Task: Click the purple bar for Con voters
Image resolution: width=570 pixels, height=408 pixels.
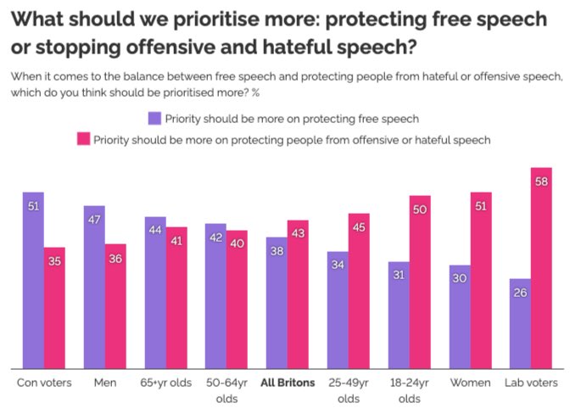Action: pos(33,280)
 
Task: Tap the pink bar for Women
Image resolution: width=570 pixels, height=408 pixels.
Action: pos(481,280)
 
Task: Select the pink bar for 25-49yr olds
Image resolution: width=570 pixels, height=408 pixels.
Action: pos(359,290)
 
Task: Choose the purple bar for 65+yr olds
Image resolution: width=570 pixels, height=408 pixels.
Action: pos(155,293)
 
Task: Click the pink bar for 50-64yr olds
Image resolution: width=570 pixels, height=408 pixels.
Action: pos(237,299)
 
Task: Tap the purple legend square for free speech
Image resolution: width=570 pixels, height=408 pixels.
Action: pos(154,118)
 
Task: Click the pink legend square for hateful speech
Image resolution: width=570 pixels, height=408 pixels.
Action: pos(83,139)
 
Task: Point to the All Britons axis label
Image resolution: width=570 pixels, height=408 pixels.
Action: pos(288,383)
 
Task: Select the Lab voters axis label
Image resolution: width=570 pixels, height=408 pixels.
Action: pos(532,383)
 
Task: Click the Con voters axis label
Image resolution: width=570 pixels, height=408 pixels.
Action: pos(44,383)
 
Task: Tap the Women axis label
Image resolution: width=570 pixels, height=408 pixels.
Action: pos(471,383)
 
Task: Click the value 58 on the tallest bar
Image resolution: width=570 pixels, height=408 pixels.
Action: pos(542,181)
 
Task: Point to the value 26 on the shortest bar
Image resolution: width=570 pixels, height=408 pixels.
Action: pos(521,293)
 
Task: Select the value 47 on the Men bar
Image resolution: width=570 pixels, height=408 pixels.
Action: pos(94,219)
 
